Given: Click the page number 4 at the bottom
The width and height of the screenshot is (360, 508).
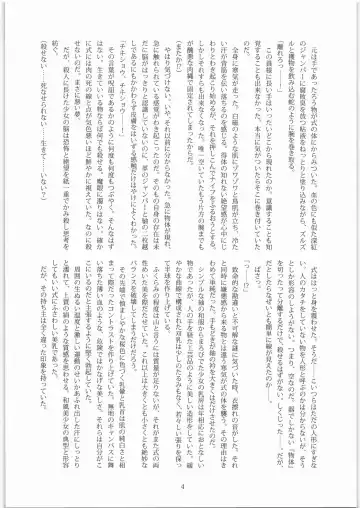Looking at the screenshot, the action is (180, 486).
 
